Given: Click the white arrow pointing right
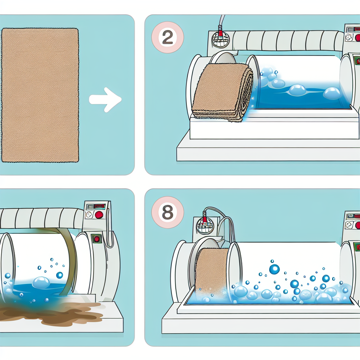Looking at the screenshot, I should (105, 99).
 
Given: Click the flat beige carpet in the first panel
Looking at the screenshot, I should (40, 95).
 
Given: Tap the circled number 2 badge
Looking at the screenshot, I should (167, 38).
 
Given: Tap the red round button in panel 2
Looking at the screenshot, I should (357, 38).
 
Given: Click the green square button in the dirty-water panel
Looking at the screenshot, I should (96, 239).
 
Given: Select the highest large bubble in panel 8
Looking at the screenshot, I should (274, 269).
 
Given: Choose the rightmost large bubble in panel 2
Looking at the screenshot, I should (331, 93).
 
